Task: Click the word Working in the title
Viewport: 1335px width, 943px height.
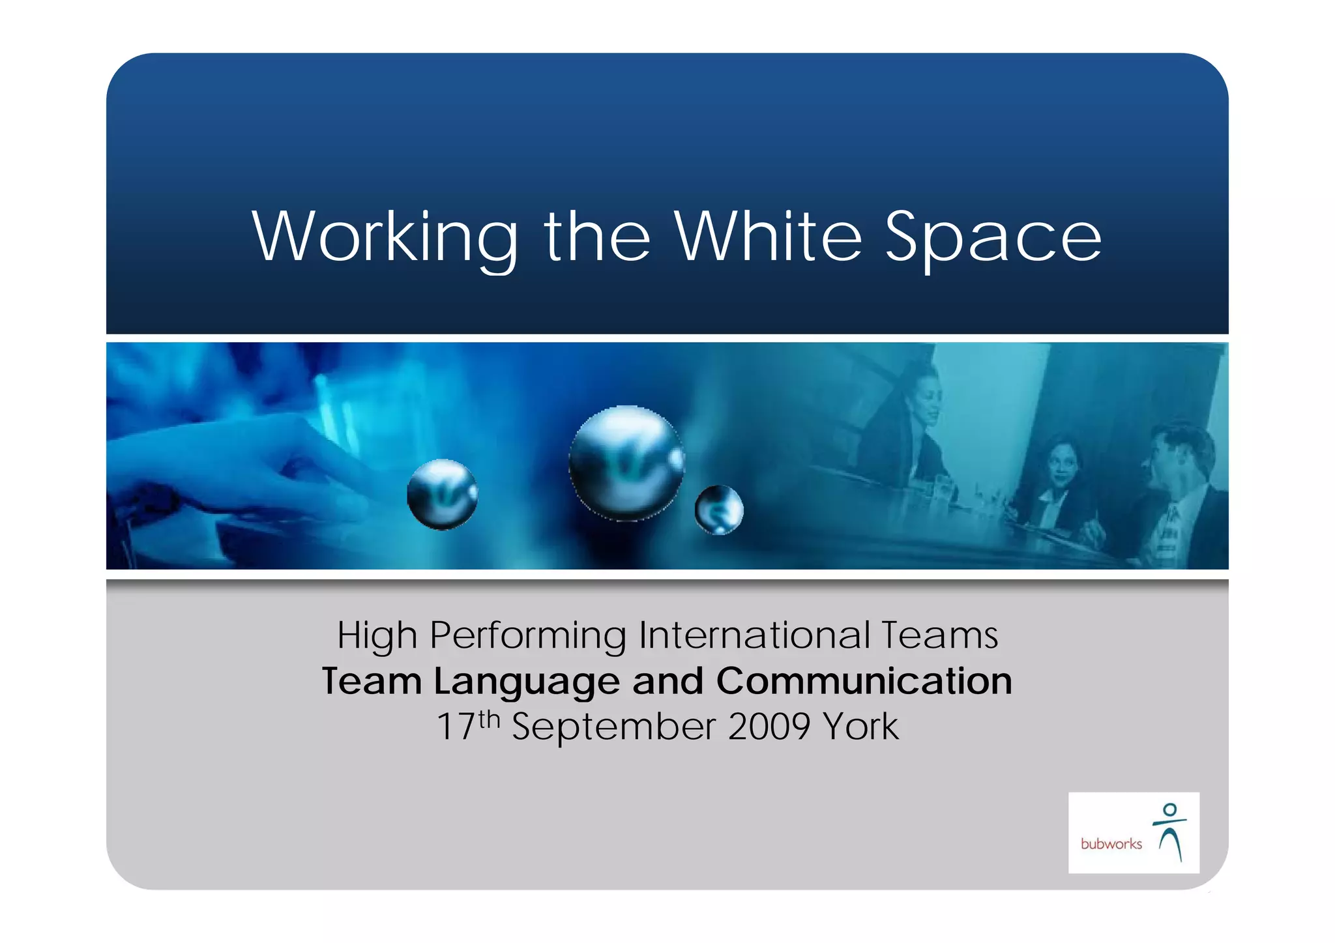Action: tap(385, 237)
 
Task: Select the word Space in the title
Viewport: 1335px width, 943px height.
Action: tap(993, 237)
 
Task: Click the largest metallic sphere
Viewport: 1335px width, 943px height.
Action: tap(626, 463)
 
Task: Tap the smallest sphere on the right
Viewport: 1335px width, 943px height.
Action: tap(719, 510)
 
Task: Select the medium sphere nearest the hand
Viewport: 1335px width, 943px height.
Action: tap(442, 494)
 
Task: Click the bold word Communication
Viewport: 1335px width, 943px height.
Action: tap(864, 681)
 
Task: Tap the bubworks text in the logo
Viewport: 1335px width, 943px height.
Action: tap(1111, 844)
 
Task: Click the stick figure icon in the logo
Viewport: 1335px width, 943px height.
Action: tap(1170, 832)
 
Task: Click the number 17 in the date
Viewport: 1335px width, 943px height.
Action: tap(455, 727)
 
